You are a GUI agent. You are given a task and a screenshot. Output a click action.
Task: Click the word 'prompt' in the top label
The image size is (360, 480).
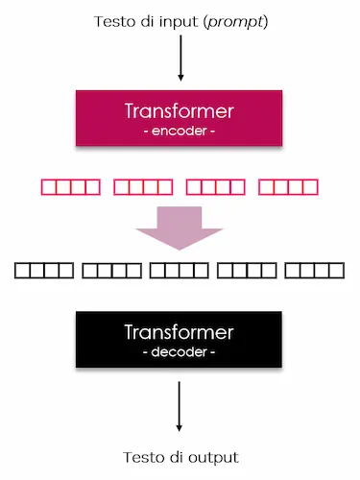(238, 22)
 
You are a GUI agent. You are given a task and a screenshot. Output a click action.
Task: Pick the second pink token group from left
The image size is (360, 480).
(143, 185)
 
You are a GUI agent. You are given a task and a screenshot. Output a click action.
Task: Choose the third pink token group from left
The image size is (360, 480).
(216, 185)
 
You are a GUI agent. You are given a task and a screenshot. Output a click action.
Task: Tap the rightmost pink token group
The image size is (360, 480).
(289, 185)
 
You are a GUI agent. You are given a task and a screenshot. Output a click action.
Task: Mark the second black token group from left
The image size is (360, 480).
(110, 271)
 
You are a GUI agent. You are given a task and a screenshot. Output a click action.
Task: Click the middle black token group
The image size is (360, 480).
(179, 271)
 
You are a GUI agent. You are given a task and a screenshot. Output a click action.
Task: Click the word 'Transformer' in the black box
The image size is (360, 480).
(180, 333)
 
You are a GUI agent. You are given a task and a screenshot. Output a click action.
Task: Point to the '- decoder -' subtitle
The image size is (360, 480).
(180, 352)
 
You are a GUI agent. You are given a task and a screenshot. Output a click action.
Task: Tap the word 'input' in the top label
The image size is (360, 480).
(177, 22)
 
